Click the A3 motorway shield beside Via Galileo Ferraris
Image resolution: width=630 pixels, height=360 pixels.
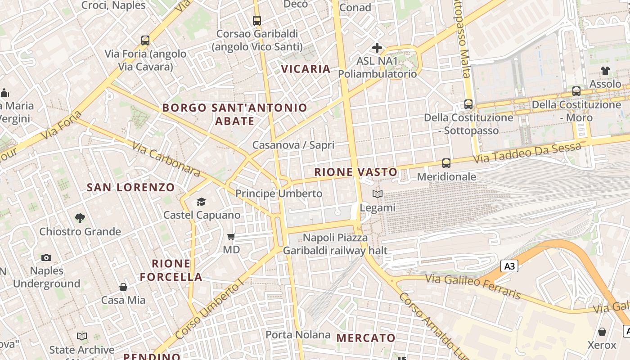point(509,266)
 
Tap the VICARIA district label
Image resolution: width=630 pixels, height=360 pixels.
point(306,69)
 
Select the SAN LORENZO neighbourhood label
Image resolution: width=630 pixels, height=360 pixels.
point(130,187)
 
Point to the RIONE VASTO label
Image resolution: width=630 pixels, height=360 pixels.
point(355,172)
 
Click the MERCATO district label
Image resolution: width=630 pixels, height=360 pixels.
point(366,338)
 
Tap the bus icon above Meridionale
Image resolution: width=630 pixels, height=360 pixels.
point(446,163)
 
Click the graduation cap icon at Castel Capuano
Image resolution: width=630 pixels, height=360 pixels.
point(201,202)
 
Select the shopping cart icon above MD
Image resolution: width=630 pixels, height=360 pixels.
point(231,236)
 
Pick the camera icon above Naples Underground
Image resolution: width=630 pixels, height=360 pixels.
point(46,257)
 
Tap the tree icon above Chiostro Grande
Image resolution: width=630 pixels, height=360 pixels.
point(80,218)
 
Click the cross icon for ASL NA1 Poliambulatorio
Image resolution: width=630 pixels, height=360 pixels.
point(377,47)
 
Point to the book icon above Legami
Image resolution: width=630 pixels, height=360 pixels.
point(378,194)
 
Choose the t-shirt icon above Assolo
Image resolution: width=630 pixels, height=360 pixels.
point(605,71)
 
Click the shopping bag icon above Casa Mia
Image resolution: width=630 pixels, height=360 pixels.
point(123,287)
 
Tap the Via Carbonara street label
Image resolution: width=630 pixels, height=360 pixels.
point(166,159)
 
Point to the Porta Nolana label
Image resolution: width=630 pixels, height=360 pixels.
point(298,335)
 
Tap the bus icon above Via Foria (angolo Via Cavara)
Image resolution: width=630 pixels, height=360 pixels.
point(145,40)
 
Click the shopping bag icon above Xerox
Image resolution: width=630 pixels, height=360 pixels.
point(602,332)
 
